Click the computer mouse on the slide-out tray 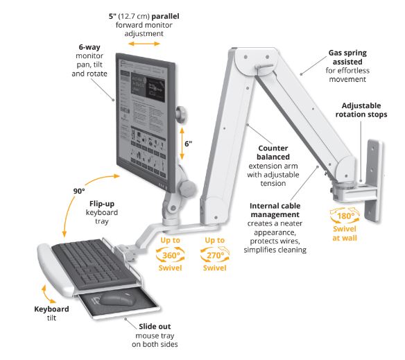(x=117, y=299)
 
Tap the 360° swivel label (x=170, y=255)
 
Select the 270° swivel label (x=215, y=255)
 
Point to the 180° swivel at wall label (x=345, y=224)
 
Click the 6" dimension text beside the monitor (x=189, y=144)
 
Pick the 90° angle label (x=79, y=191)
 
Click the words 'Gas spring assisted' (x=347, y=58)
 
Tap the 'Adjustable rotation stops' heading (x=361, y=110)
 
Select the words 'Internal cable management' (x=275, y=210)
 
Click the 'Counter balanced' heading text (x=273, y=153)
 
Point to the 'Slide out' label (x=155, y=327)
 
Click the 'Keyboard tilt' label (x=51, y=314)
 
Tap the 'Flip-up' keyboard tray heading (x=102, y=204)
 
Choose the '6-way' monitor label (x=89, y=47)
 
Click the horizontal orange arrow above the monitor (x=144, y=44)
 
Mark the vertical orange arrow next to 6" (x=182, y=143)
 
